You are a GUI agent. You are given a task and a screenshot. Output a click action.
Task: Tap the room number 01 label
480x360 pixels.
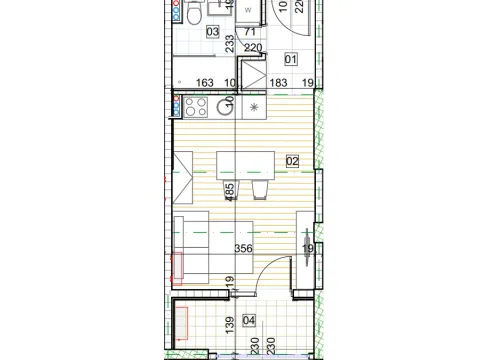[291, 58]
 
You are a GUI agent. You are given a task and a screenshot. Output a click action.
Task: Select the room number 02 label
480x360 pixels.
[293, 160]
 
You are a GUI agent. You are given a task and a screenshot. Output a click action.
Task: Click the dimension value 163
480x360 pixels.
[207, 83]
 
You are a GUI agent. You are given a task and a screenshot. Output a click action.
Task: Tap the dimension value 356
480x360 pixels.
[242, 251]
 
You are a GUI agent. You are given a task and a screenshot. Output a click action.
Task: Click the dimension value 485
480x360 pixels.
[230, 191]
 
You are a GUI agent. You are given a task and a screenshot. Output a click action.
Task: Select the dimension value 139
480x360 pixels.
[230, 322]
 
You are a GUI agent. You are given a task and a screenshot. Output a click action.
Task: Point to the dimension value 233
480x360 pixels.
[230, 44]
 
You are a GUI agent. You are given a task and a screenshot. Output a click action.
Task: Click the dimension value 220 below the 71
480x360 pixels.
[253, 46]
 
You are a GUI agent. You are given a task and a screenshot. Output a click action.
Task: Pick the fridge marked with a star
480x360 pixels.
[254, 107]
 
